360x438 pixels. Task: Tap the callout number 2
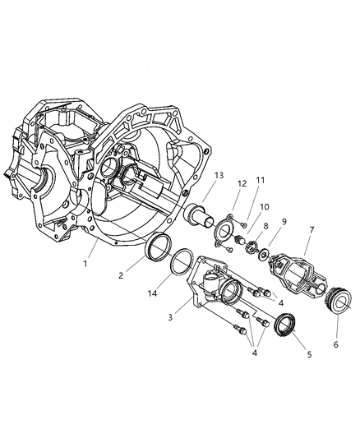click(122, 276)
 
